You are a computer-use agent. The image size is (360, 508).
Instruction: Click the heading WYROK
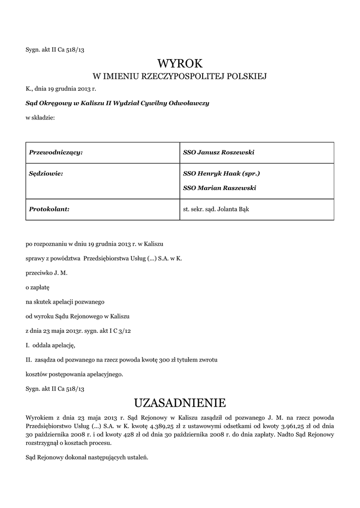click(x=180, y=63)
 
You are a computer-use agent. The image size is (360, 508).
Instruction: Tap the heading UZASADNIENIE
click(x=180, y=401)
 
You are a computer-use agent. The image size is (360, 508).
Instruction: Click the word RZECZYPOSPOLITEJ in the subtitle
click(x=179, y=76)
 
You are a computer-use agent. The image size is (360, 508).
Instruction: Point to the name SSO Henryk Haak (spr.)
click(x=221, y=174)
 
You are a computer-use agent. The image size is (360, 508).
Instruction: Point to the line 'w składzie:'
click(x=40, y=118)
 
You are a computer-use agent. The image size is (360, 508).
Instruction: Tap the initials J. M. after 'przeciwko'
click(x=60, y=273)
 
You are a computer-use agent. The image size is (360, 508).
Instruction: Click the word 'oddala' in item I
click(x=44, y=345)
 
